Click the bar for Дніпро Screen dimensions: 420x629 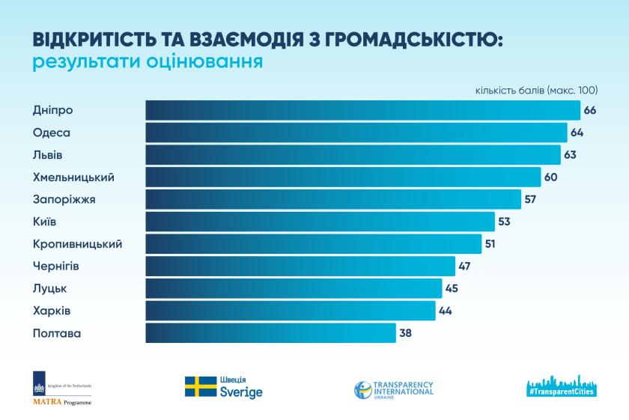coord(362,110)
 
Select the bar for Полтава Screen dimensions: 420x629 coord(270,332)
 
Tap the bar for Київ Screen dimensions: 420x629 coord(320,222)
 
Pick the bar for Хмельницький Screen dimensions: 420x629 coord(343,177)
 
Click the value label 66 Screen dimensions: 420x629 coord(590,110)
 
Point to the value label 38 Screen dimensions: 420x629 coord(406,332)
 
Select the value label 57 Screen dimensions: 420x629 coord(531,199)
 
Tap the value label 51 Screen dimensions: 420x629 coord(491,243)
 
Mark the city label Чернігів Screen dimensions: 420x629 coord(57,266)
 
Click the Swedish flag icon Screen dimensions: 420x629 coord(201,386)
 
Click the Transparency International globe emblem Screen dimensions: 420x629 coord(364,390)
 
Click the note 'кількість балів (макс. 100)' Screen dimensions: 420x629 coord(536,91)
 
